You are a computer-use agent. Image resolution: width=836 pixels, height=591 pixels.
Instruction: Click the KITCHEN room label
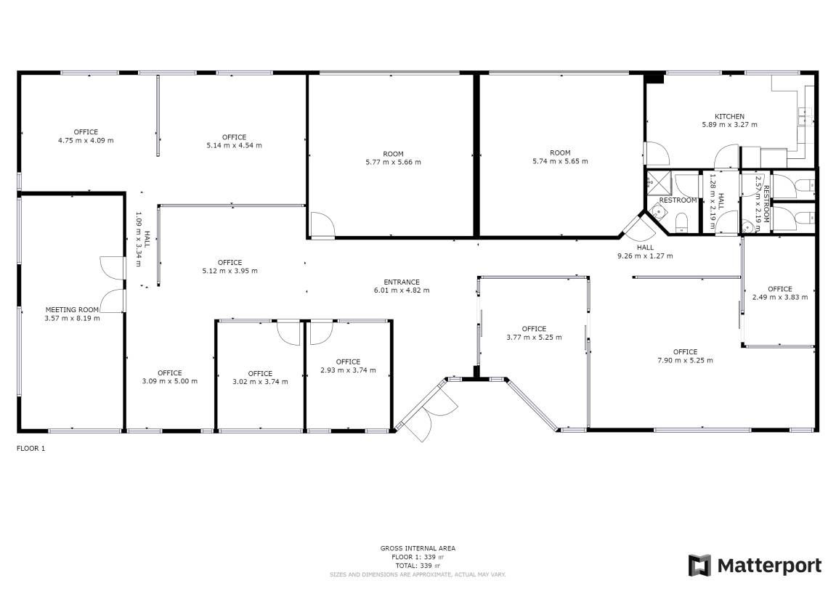[729, 116]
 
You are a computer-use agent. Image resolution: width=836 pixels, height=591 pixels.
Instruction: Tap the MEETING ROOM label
[72, 309]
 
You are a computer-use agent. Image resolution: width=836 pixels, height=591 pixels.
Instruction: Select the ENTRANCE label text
[402, 282]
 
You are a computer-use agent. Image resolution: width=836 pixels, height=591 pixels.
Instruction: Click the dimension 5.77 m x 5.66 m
[393, 162]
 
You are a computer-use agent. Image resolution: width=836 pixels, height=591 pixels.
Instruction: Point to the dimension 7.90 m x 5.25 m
[685, 360]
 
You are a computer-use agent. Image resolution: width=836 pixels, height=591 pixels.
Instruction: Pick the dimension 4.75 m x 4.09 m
[86, 141]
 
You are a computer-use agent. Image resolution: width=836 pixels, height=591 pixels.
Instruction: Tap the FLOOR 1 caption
[31, 448]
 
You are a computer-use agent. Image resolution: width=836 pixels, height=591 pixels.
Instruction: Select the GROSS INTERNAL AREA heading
[418, 548]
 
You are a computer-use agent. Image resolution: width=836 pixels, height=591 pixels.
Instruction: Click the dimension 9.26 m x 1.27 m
[645, 256]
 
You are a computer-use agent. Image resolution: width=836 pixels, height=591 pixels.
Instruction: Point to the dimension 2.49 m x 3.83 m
[780, 298]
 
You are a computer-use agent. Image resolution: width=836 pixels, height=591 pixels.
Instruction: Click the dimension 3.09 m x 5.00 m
[169, 381]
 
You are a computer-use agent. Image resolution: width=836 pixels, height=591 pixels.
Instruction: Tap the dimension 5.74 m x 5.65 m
[560, 161]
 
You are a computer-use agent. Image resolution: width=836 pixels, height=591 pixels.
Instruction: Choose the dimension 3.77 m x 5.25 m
[534, 338]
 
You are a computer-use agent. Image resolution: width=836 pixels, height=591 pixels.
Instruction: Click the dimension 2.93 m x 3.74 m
[348, 370]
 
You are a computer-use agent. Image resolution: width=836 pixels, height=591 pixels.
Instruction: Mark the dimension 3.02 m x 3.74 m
[260, 382]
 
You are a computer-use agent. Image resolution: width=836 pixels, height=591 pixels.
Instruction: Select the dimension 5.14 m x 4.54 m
[234, 145]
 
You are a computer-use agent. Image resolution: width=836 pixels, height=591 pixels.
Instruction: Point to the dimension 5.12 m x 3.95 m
[230, 271]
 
